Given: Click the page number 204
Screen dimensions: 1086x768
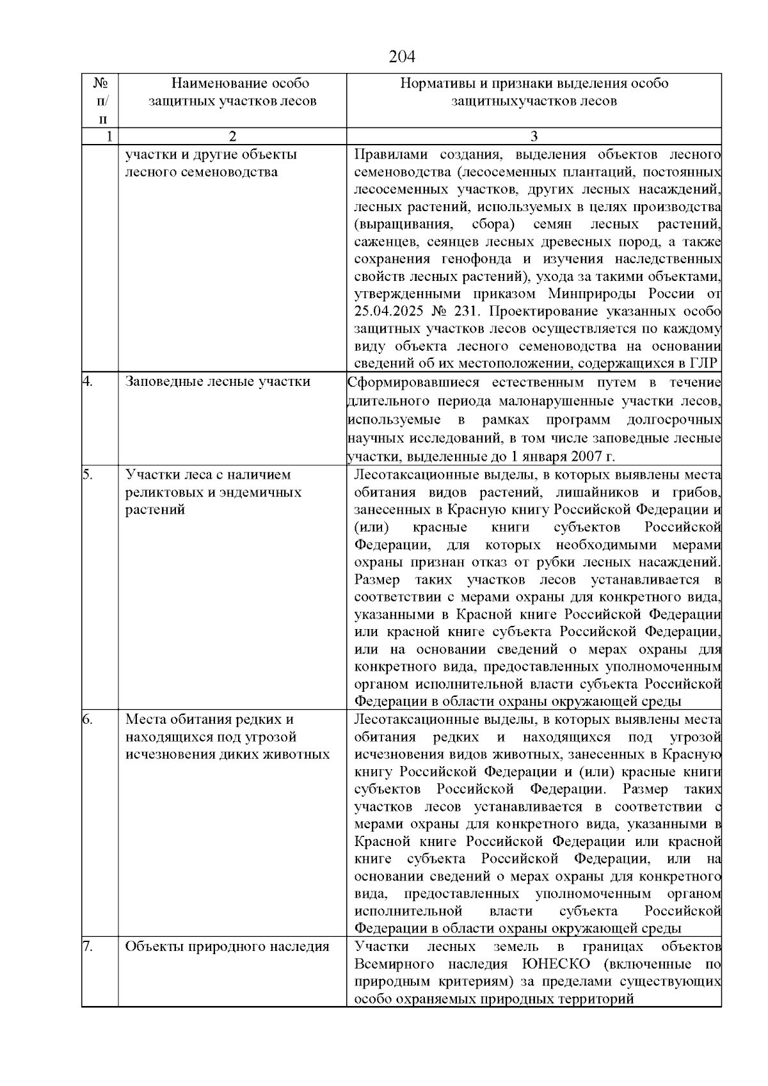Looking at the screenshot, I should pyautogui.click(x=402, y=57).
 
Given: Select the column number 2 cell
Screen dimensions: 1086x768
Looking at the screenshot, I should pyautogui.click(x=232, y=136).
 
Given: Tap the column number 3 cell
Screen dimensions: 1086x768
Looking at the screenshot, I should pyautogui.click(x=534, y=136).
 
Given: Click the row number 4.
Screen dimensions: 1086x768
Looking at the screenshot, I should pyautogui.click(x=88, y=382).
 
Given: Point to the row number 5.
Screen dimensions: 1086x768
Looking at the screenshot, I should pyautogui.click(x=88, y=475).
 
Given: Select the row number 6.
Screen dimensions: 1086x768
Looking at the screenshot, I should pyautogui.click(x=88, y=719).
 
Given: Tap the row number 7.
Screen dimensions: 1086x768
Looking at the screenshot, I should pyautogui.click(x=88, y=946).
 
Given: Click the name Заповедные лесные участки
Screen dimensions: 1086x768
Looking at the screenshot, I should pyautogui.click(x=218, y=382).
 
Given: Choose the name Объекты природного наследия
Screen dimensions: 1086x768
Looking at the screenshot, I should pyautogui.click(x=227, y=946).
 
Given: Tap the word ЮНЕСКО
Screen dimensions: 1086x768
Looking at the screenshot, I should pyautogui.click(x=556, y=964).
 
